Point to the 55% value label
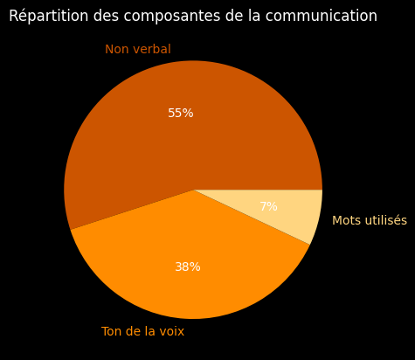[x=181, y=114]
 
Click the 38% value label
[x=188, y=267]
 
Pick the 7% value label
[x=269, y=207]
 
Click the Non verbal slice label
[x=138, y=50]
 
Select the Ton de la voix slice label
[x=142, y=332]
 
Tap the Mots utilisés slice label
[x=370, y=221]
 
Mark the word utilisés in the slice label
[x=385, y=221]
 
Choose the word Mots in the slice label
[x=345, y=221]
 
